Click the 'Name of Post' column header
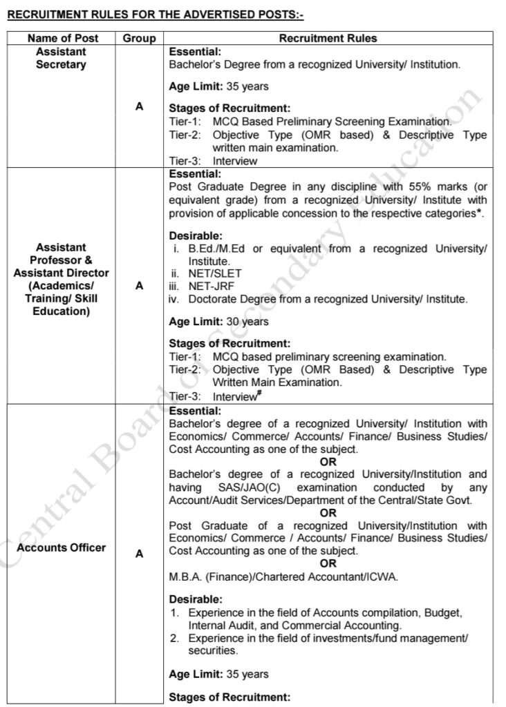click(61, 39)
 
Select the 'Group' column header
click(139, 39)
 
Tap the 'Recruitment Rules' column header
click(328, 39)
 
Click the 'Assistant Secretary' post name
click(61, 58)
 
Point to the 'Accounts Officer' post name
click(62, 548)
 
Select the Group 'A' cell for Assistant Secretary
click(139, 106)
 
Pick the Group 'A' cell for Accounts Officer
click(139, 553)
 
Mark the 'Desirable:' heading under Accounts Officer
click(196, 599)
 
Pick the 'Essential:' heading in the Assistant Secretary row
click(195, 51)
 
